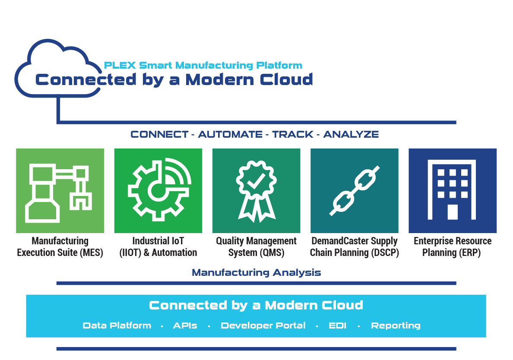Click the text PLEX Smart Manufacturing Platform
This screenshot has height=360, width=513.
203,65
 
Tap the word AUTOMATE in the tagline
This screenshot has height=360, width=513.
230,134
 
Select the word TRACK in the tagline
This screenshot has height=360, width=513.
292,134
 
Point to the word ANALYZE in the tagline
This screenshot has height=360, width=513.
351,134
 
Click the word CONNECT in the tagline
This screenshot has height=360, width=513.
159,134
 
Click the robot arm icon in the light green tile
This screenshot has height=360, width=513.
58,193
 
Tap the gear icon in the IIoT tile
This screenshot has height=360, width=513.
159,189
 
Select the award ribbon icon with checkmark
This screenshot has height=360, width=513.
256,191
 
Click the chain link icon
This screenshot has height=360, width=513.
355,191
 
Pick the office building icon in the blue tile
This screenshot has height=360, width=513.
452,189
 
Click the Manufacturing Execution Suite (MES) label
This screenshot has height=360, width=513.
60,247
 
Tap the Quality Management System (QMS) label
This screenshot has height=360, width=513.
256,247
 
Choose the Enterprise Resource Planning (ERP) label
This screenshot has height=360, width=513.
453,247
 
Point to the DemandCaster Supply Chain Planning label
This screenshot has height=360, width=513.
355,247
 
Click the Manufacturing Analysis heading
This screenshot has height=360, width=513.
256,272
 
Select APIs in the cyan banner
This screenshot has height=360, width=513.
185,325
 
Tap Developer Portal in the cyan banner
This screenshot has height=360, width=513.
263,325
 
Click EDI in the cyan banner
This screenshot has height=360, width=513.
337,325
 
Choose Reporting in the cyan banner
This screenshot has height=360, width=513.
396,325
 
